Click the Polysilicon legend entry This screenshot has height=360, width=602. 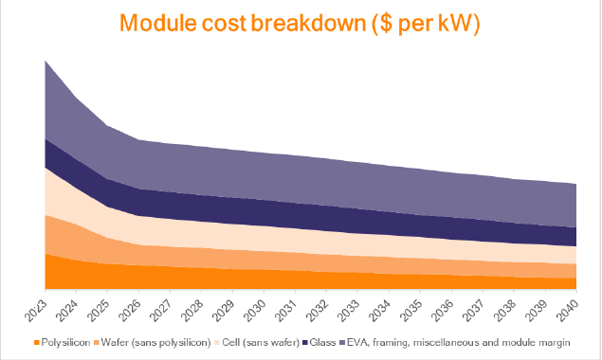pyautogui.click(x=62, y=341)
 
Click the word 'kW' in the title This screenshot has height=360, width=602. pyautogui.click(x=448, y=26)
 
